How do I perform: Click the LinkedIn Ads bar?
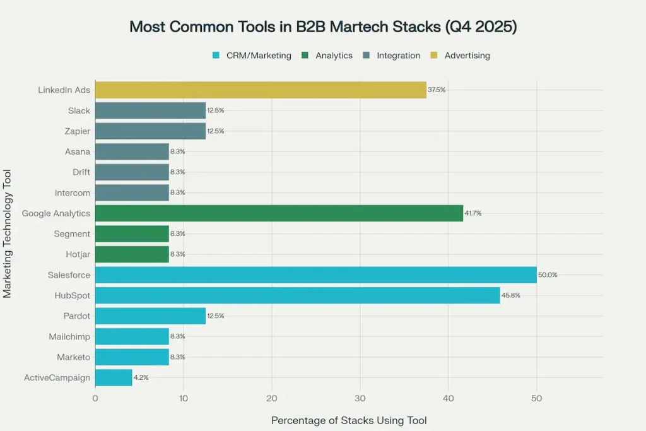click(261, 90)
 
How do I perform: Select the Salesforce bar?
click(315, 275)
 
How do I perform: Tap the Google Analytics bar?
click(279, 213)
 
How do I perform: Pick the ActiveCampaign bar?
click(114, 377)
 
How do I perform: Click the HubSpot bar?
click(297, 295)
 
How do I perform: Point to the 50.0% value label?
click(548, 275)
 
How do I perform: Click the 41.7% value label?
click(473, 213)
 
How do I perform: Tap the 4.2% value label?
click(141, 377)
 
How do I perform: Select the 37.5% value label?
click(437, 90)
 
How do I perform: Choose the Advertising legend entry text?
click(467, 56)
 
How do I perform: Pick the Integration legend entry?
click(398, 56)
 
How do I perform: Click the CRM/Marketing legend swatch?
click(216, 56)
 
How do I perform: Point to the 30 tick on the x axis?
click(360, 398)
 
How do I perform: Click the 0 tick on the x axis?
click(95, 398)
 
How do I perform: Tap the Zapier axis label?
click(78, 131)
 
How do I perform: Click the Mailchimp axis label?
click(69, 336)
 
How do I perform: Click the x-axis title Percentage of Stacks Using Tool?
click(349, 420)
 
